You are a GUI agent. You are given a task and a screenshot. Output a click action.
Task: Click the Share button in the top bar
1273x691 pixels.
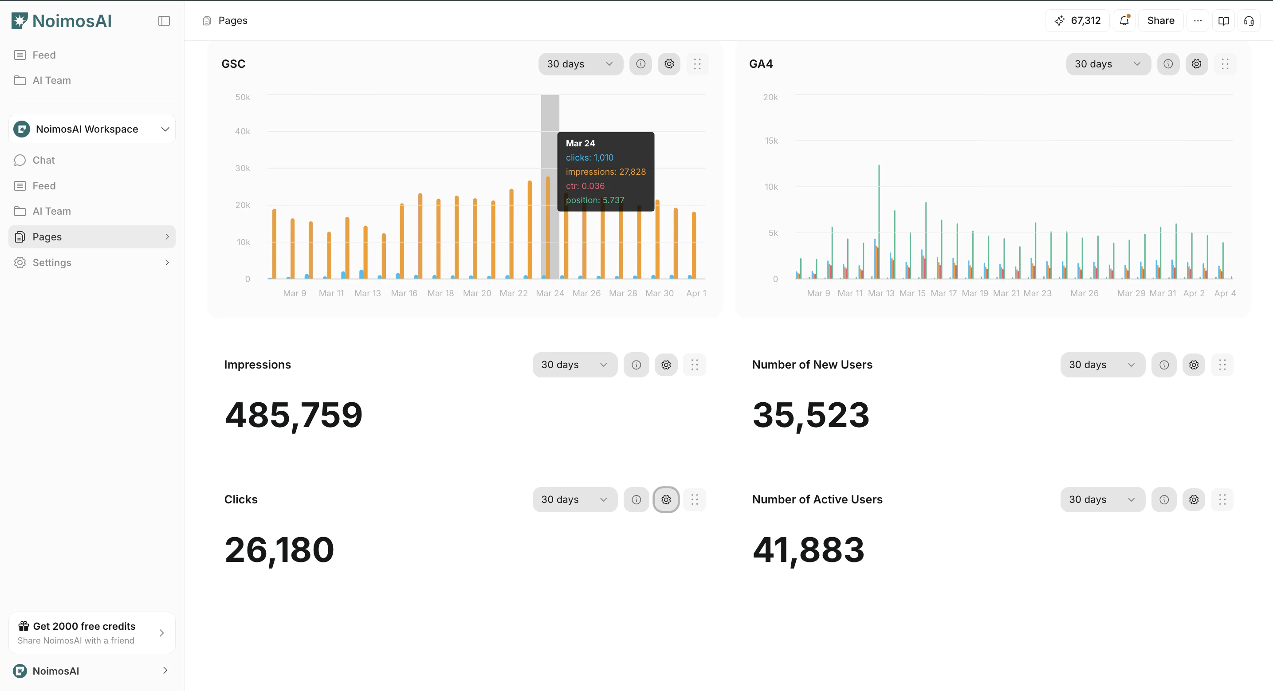[1160, 21]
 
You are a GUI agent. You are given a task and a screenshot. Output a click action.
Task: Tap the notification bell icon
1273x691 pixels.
[1124, 21]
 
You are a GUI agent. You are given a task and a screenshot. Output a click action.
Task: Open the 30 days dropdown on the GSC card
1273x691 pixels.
[580, 64]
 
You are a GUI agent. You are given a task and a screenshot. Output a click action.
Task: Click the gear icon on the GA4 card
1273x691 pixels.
[1196, 64]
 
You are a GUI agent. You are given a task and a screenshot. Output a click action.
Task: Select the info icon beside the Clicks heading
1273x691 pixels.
[636, 500]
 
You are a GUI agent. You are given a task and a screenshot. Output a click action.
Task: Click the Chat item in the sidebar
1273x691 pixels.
[43, 160]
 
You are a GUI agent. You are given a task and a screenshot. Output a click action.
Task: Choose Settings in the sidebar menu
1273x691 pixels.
[52, 263]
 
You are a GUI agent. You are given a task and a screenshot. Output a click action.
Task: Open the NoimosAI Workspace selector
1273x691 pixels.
[92, 129]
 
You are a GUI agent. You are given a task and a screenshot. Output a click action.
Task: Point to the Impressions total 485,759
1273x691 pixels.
[294, 415]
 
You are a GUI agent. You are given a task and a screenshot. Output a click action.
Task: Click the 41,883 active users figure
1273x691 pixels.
[809, 550]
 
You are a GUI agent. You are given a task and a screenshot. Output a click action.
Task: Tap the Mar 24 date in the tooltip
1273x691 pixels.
[580, 143]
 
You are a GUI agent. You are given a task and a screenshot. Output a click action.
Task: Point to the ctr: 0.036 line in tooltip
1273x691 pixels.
[585, 186]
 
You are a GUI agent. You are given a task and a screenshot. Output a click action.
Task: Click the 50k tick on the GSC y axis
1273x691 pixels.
[243, 98]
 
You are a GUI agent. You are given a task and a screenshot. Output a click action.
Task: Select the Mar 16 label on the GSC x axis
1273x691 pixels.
[404, 293]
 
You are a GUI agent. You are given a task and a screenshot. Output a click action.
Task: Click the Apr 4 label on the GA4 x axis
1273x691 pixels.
[1225, 293]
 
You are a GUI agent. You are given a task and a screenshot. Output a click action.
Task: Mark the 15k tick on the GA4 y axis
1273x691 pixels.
[771, 141]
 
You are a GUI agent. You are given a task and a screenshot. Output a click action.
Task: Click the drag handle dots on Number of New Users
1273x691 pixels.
[1222, 365]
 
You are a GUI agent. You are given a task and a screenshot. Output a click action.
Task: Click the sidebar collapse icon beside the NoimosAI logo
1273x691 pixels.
[164, 21]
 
